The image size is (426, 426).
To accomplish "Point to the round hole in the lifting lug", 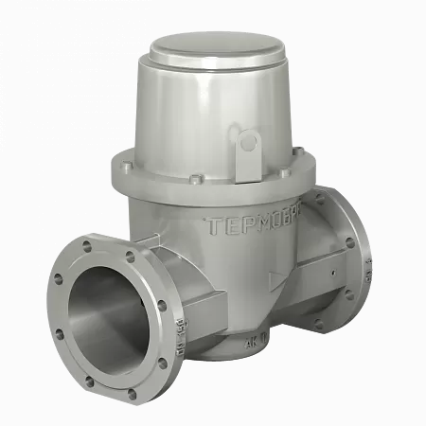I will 249,143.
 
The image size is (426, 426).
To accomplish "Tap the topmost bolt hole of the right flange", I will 335,201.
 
